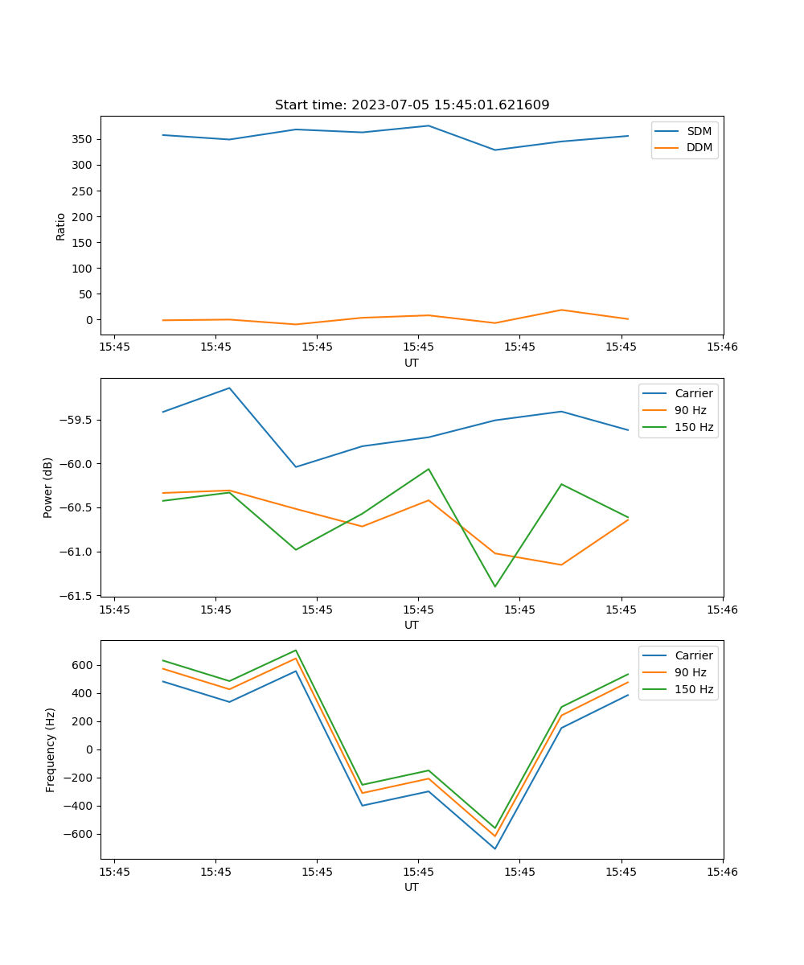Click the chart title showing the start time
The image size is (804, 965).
coord(412,105)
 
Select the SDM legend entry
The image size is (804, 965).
coord(699,131)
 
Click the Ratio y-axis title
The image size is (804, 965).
coord(61,226)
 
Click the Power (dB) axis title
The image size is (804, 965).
coord(48,487)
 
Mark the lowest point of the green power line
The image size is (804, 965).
coord(494,586)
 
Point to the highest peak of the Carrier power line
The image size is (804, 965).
coord(229,388)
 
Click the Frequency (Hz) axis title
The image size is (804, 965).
coord(51,749)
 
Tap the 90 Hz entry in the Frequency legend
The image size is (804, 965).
coord(690,672)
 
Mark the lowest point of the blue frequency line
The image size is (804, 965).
coord(494,848)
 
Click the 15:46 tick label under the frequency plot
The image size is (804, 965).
coord(722,872)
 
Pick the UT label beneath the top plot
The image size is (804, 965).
coord(412,363)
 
